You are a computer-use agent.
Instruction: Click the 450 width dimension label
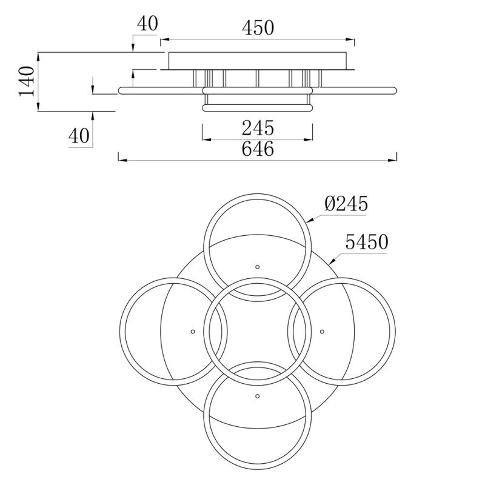click(258, 27)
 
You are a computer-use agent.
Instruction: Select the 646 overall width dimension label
click(258, 149)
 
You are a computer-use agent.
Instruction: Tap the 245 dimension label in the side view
click(258, 128)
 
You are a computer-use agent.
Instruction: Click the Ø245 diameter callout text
click(346, 204)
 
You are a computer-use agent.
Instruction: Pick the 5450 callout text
click(366, 243)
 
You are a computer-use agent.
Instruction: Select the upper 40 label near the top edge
click(147, 24)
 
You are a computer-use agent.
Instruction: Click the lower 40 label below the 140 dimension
click(79, 136)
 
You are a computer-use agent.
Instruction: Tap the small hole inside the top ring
click(257, 267)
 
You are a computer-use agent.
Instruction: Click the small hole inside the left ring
click(193, 331)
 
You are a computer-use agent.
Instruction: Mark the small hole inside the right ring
click(322, 331)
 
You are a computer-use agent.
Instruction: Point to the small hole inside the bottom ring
click(257, 395)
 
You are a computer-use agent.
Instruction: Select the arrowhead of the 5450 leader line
click(331, 261)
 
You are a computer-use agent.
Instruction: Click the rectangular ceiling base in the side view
click(258, 61)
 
